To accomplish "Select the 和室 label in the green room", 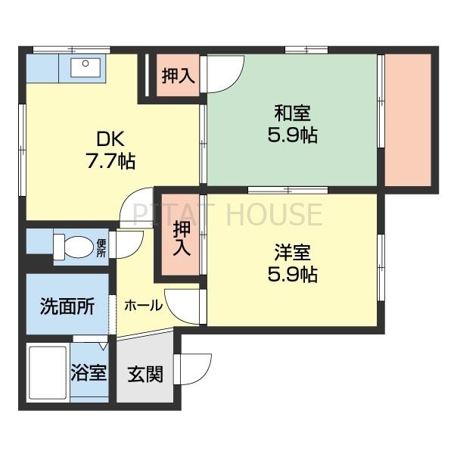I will pyautogui.click(x=291, y=114).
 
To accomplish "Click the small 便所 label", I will pyautogui.click(x=101, y=247).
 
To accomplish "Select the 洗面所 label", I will pyautogui.click(x=67, y=306).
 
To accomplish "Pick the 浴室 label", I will pyautogui.click(x=89, y=374).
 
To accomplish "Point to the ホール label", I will pyautogui.click(x=143, y=306).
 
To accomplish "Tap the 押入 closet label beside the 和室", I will pyautogui.click(x=179, y=76).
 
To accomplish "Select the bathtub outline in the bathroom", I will pyautogui.click(x=47, y=374).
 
